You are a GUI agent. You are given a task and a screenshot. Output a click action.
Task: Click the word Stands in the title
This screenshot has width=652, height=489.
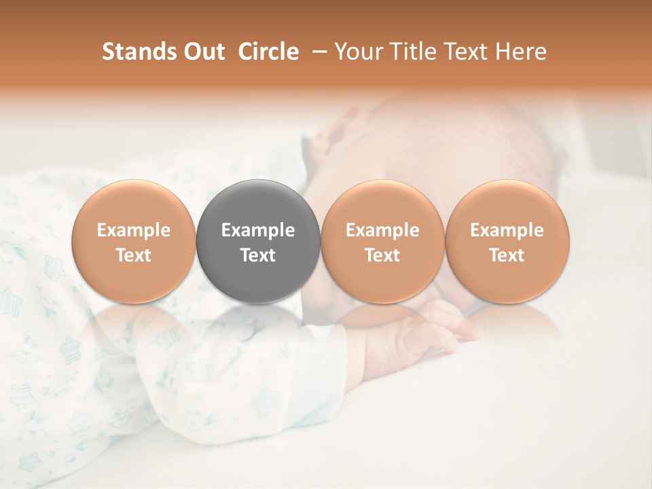(x=138, y=52)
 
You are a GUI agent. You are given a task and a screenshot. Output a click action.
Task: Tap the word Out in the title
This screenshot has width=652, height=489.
(x=202, y=52)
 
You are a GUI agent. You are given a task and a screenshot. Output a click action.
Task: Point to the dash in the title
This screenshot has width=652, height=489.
(x=316, y=52)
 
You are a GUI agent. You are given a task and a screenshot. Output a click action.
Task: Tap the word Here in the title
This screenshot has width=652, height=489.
(x=520, y=52)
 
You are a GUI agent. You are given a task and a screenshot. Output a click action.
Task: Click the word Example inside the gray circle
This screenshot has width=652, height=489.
(x=258, y=230)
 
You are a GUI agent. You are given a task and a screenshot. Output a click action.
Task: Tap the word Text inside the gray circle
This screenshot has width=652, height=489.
(x=258, y=255)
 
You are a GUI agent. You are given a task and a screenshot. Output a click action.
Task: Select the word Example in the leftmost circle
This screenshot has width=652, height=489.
(x=133, y=230)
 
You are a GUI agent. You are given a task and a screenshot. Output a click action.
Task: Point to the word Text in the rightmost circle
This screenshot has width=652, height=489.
(x=507, y=255)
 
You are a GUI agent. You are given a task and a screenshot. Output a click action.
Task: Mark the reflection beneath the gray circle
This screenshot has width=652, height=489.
(x=258, y=326)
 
